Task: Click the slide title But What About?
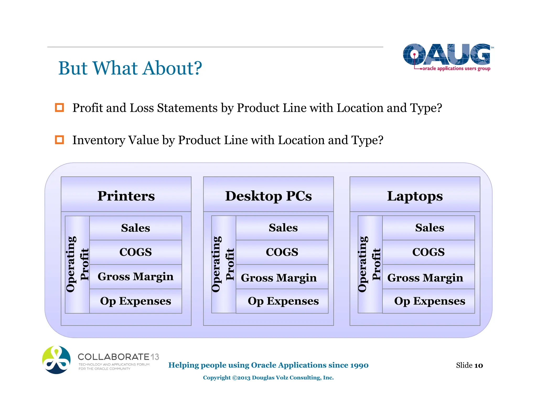click(x=130, y=68)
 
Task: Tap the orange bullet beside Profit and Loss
click(x=59, y=108)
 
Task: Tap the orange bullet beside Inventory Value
click(x=59, y=140)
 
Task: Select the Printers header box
click(x=126, y=194)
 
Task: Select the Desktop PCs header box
click(x=268, y=194)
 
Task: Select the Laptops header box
click(x=415, y=194)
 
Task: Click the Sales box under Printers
click(x=136, y=228)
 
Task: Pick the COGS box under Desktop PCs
click(x=282, y=252)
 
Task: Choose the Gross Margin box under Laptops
click(x=428, y=277)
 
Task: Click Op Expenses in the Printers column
click(x=136, y=301)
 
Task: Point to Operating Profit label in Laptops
click(x=370, y=264)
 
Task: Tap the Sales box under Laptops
click(x=429, y=228)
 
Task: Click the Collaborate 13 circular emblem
click(x=56, y=360)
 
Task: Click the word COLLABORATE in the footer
click(x=114, y=357)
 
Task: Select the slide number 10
click(x=479, y=365)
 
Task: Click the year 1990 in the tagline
click(x=359, y=365)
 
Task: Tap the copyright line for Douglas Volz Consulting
click(x=268, y=377)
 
